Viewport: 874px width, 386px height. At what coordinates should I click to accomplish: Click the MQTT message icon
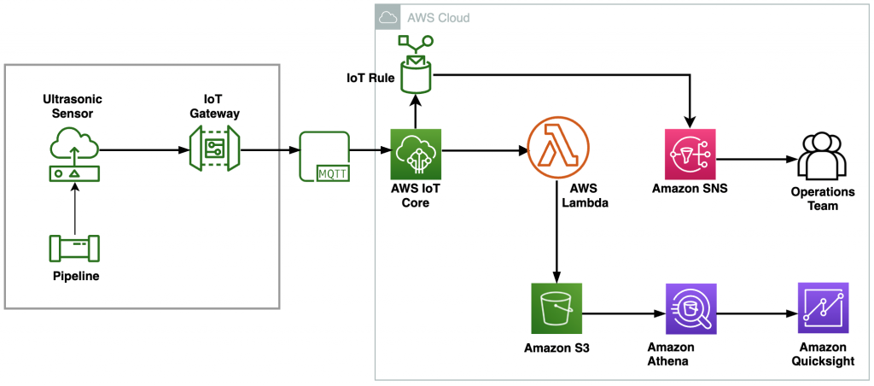tap(325, 156)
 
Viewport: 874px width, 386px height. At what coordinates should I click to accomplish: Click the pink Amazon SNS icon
tap(689, 155)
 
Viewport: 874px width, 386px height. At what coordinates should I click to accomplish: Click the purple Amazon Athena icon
tap(690, 309)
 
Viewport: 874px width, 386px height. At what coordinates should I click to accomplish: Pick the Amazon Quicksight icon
tap(823, 308)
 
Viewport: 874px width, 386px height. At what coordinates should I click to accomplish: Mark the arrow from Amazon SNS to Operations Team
tap(755, 160)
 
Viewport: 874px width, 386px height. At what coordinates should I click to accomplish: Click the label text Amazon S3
tap(555, 348)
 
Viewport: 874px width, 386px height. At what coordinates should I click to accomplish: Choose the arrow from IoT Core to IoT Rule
tap(415, 111)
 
